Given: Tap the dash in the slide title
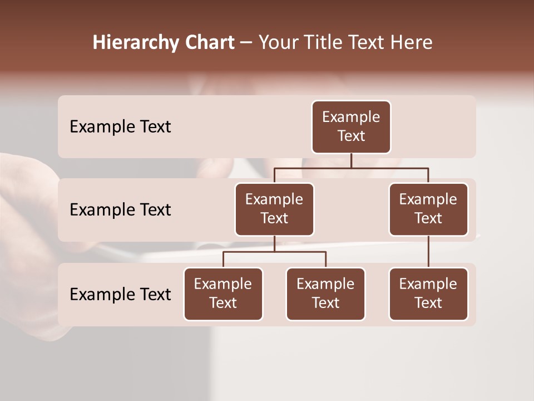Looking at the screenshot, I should point(246,43).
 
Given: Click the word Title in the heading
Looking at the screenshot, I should point(322,43).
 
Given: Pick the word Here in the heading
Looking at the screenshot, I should point(412,43).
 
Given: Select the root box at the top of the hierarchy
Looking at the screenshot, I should point(351,127).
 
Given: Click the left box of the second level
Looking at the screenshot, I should point(274,209).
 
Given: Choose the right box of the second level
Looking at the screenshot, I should point(428,209).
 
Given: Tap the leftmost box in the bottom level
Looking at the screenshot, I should point(223,294).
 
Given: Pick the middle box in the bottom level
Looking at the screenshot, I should point(325,294).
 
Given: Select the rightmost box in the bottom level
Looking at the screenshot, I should point(428,294).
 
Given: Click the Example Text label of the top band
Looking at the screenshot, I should point(120,127).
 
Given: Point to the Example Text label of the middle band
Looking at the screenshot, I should point(120,210).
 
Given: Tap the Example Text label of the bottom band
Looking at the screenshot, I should point(120,295).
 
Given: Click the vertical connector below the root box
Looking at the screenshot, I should point(351,160).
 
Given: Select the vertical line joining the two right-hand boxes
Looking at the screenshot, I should point(428,252).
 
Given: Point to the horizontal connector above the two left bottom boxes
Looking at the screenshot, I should point(274,252).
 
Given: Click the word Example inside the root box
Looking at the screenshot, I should point(351,117).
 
